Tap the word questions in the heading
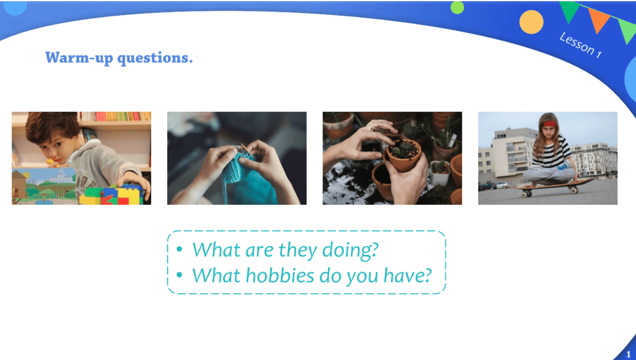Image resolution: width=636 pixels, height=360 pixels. pos(155,59)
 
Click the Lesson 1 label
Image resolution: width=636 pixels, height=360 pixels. pos(580,45)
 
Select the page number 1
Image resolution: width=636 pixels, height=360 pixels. pos(628,354)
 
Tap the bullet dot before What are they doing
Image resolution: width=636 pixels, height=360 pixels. pos(179,249)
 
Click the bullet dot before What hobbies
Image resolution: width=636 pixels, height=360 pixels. pos(179,274)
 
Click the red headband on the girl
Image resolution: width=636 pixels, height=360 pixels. pos(549,124)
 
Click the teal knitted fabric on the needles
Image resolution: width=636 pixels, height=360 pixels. pos(236,168)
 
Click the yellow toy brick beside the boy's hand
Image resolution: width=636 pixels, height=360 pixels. pos(129,195)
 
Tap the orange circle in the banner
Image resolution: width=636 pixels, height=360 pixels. pos(531,22)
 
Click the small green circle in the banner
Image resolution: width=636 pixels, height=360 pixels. pos(457,8)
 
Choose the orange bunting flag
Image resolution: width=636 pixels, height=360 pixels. pos(598,20)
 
